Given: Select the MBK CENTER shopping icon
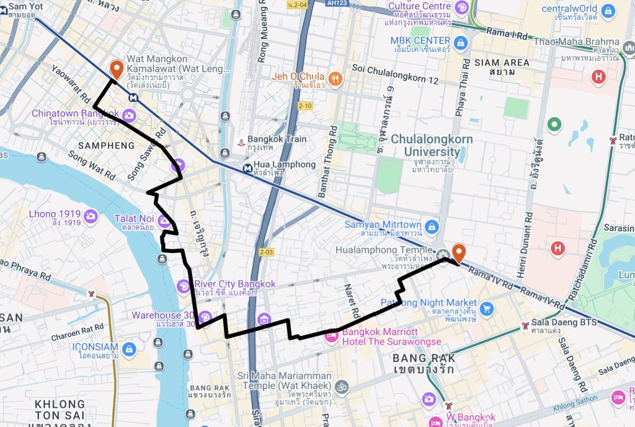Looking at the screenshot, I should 460,42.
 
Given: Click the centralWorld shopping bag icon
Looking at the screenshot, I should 608,11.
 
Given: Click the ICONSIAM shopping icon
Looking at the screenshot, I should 129,349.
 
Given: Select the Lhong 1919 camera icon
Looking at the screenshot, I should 91,216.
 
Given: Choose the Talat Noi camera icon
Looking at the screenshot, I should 164,220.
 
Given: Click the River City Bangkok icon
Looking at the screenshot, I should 184,286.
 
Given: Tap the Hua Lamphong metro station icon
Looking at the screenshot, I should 247,167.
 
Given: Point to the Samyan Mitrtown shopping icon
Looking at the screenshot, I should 432,226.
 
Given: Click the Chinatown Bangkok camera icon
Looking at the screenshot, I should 129,115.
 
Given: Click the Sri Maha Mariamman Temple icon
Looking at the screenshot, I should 340,387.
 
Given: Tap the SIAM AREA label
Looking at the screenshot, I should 502,67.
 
